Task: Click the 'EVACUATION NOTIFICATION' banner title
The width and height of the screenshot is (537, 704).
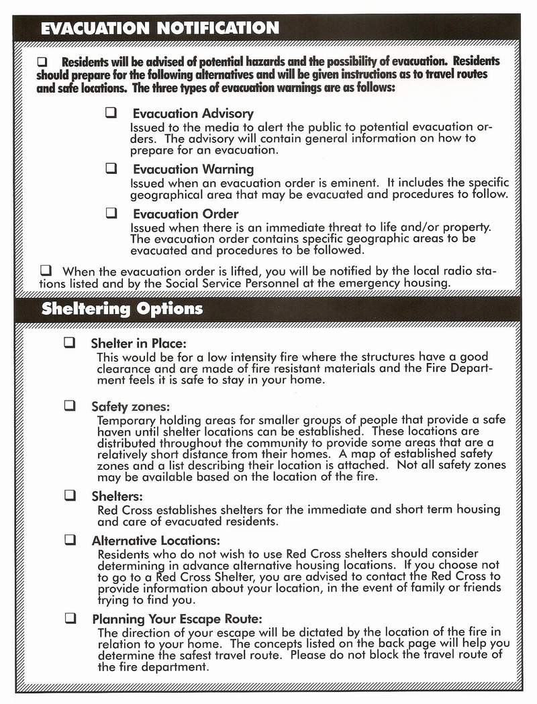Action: (x=160, y=28)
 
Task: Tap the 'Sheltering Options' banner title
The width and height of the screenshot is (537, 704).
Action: (x=121, y=309)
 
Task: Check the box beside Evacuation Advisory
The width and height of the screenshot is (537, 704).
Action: (x=111, y=113)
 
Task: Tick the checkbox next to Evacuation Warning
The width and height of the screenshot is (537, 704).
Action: (x=111, y=168)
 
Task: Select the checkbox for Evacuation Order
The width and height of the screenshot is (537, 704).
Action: (x=111, y=213)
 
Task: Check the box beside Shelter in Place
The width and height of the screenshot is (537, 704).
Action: (x=70, y=342)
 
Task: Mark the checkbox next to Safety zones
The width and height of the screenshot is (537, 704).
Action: (x=70, y=406)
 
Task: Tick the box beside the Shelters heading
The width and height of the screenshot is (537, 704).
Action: (x=70, y=496)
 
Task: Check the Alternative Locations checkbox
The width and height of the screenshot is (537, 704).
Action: (x=70, y=540)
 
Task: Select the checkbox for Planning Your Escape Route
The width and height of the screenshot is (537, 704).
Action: (x=70, y=618)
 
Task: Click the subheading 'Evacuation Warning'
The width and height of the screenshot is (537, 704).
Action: (x=193, y=170)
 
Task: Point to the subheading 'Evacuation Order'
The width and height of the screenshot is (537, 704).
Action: (x=185, y=215)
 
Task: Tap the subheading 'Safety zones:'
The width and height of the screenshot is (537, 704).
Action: (x=130, y=407)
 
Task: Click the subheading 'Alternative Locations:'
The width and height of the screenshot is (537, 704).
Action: (x=156, y=541)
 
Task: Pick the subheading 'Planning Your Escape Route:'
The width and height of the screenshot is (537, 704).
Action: (x=177, y=619)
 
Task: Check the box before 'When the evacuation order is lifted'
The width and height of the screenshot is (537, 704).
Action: (x=46, y=271)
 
